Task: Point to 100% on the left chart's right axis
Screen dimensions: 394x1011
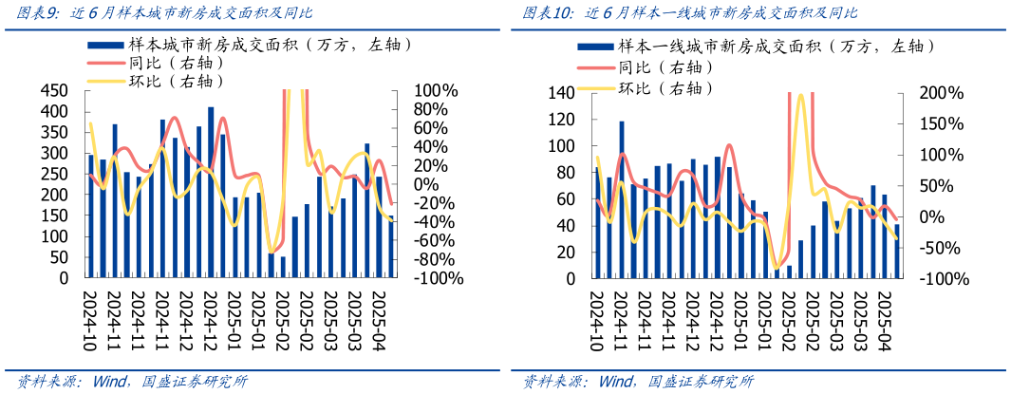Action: point(437,91)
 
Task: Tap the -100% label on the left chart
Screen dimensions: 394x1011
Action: point(437,279)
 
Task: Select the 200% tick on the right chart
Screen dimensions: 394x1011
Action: point(942,93)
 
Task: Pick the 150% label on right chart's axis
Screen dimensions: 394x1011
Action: point(942,124)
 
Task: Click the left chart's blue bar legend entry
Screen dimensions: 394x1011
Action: point(237,45)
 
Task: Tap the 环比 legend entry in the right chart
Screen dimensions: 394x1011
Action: point(664,88)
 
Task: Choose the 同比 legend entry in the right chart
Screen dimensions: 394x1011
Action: point(664,66)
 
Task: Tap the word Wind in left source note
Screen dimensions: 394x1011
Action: point(112,382)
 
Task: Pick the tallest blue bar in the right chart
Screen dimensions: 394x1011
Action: point(622,199)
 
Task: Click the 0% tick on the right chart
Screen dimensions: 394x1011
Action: point(951,217)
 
